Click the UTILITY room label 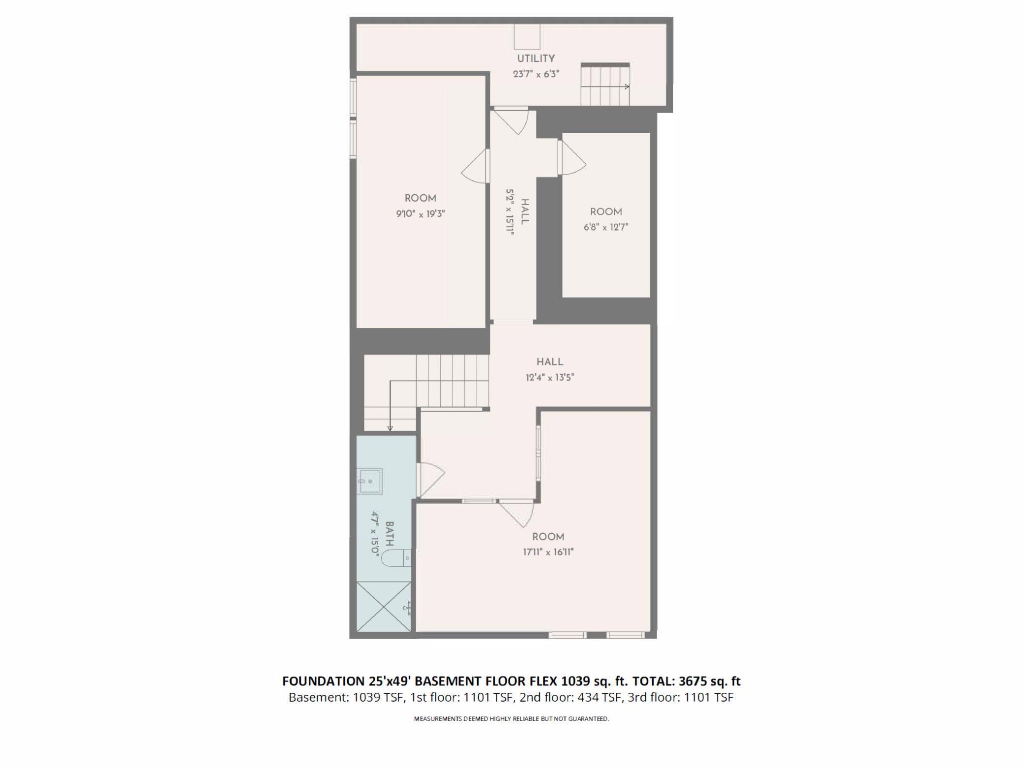pos(536,59)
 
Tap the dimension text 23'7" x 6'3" pos(536,74)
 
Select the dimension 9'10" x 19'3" pos(420,214)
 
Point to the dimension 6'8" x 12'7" pos(605,227)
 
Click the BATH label pos(389,534)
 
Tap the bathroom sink pos(369,480)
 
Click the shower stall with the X pos(384,606)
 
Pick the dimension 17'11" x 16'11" pos(548,552)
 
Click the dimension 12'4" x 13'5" pos(549,378)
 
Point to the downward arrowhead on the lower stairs pos(390,428)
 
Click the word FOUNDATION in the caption pos(323,681)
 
